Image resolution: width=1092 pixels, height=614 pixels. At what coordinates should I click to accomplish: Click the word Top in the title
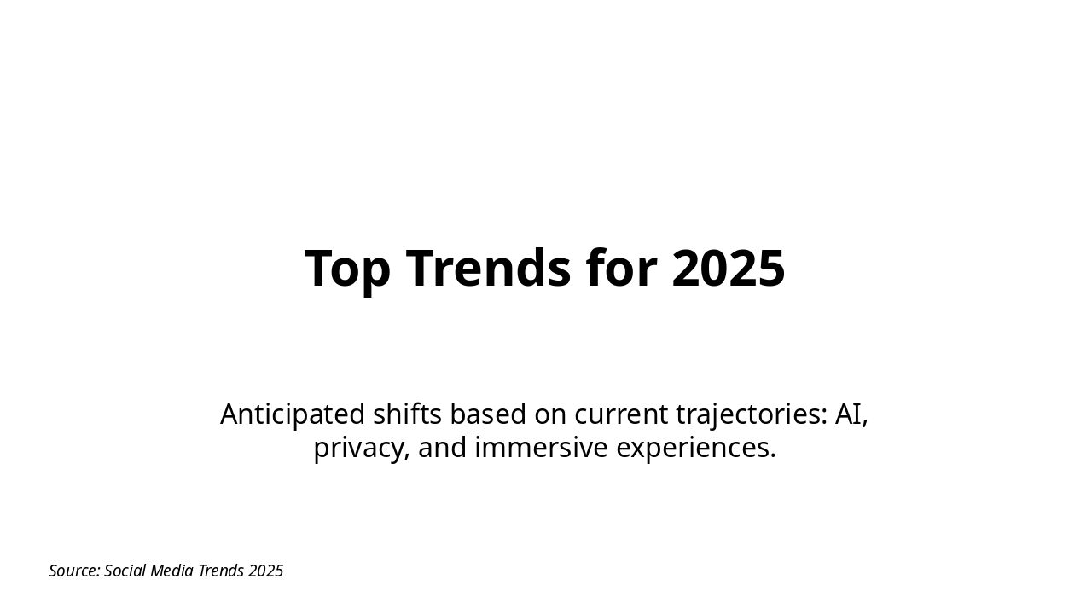tap(347, 269)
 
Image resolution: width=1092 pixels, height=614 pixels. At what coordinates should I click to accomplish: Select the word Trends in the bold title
tap(488, 269)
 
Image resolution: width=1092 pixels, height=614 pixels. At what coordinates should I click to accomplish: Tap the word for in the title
tap(621, 269)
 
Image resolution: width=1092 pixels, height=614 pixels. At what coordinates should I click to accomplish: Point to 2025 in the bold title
tap(728, 269)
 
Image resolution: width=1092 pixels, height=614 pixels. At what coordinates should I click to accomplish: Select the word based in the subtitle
tap(487, 414)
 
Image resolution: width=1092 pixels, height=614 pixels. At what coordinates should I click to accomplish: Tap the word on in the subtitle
tap(550, 414)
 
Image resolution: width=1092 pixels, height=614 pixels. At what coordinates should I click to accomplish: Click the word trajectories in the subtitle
tap(752, 414)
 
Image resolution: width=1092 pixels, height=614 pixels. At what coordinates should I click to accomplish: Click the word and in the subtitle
tap(442, 448)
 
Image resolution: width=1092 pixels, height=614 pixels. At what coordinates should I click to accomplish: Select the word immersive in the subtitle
tap(541, 448)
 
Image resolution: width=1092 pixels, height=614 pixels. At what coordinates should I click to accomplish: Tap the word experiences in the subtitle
tap(696, 448)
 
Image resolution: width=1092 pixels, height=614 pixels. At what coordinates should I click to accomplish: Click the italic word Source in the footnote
tap(74, 571)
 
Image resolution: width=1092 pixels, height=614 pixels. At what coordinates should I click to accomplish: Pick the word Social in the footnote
tap(125, 571)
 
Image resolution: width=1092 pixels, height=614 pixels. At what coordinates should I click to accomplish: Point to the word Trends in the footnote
tap(221, 571)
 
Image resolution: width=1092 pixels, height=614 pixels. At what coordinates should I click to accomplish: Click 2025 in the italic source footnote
tap(265, 571)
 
